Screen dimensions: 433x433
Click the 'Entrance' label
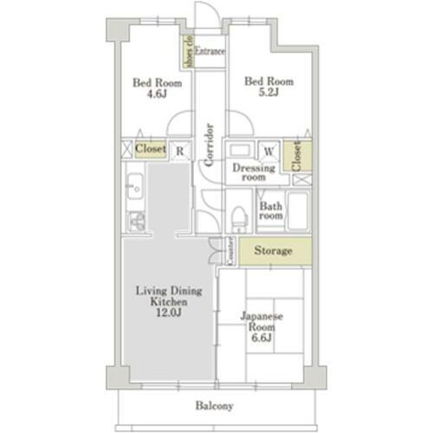[210, 52]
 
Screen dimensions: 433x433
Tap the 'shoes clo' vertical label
[186, 52]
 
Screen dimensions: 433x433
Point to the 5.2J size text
[268, 96]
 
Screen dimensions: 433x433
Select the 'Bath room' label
[270, 210]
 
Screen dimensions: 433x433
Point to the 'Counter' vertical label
[231, 251]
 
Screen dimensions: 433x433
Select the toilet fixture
[240, 217]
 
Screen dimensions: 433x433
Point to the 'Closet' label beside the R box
[151, 150]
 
